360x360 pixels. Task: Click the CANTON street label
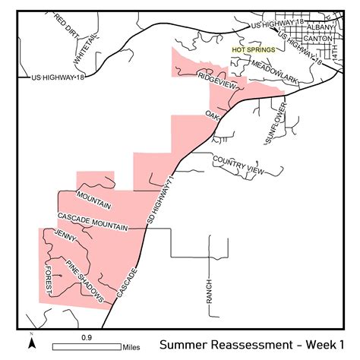tap(316, 38)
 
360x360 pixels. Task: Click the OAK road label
tap(212, 115)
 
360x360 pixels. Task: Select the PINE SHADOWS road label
tap(85, 283)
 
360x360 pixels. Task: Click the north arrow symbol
tap(31, 342)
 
